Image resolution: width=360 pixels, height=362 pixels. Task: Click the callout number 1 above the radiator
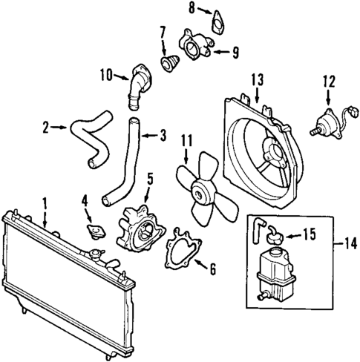(45, 200)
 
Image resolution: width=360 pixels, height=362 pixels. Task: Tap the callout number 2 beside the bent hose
(46, 128)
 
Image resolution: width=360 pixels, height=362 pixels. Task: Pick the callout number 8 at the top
(192, 9)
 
